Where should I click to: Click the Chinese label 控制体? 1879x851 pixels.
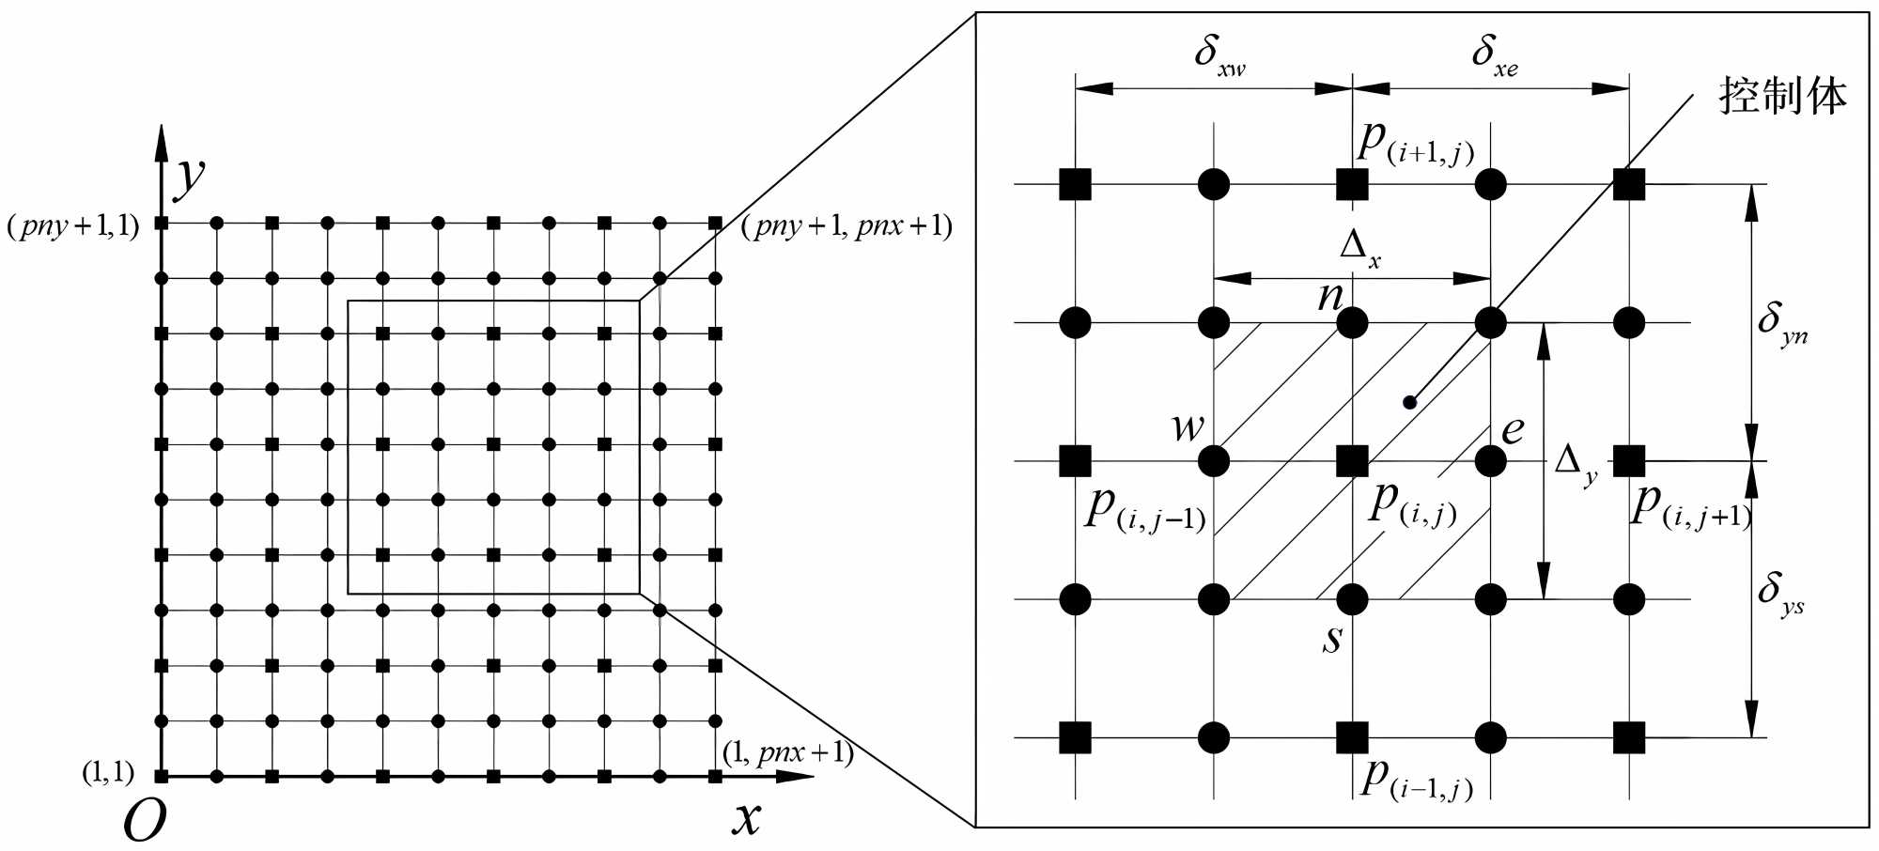pyautogui.click(x=1782, y=97)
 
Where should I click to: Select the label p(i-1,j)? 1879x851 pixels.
pyautogui.click(x=1416, y=779)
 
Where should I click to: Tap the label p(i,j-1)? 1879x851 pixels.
pyautogui.click(x=1144, y=510)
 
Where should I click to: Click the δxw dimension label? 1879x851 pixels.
pyautogui.click(x=1219, y=55)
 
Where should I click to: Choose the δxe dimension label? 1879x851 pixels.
pyautogui.click(x=1494, y=55)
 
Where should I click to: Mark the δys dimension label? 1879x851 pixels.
pyautogui.click(x=1780, y=594)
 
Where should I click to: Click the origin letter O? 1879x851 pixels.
pyautogui.click(x=145, y=821)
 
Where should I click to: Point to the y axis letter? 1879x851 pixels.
pyautogui.click(x=191, y=176)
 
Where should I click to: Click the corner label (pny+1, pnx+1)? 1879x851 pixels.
pyautogui.click(x=846, y=226)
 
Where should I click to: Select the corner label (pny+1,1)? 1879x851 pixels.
pyautogui.click(x=73, y=226)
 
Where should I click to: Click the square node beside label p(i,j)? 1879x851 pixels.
pyautogui.click(x=1352, y=461)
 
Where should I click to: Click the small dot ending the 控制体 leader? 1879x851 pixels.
pyautogui.click(x=1409, y=403)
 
